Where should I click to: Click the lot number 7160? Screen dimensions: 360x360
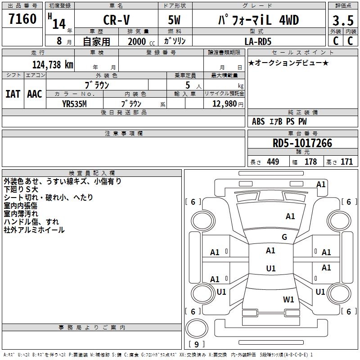tap(22, 19)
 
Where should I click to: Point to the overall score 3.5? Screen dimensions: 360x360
tap(342, 21)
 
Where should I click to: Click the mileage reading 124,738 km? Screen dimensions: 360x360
tap(53, 64)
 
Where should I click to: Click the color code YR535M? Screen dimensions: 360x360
tap(74, 103)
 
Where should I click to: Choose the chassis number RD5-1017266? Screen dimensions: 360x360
tap(302, 143)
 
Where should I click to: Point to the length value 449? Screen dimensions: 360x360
tap(273, 162)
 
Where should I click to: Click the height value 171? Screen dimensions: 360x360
tap(346, 162)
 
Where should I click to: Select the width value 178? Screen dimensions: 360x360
tap(310, 162)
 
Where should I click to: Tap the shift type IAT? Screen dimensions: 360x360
tap(13, 94)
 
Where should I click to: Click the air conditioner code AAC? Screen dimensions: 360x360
tap(34, 94)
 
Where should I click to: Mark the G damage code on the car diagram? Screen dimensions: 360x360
tap(284, 237)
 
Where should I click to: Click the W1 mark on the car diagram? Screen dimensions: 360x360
tap(288, 299)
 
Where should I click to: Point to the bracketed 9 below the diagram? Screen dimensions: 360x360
tap(196, 345)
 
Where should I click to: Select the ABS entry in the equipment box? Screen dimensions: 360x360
tap(258, 121)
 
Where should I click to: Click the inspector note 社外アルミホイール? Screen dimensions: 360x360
tap(34, 230)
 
